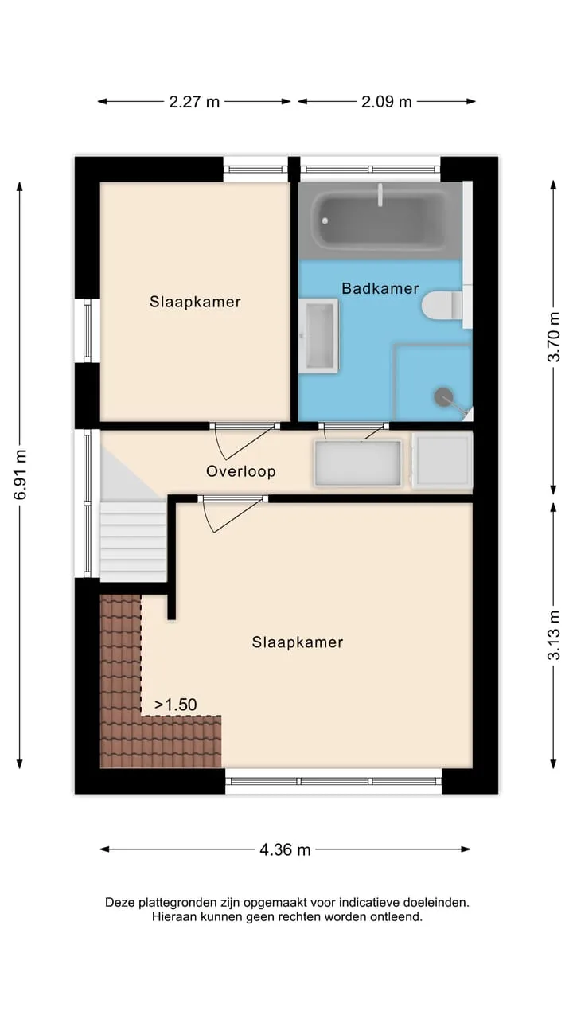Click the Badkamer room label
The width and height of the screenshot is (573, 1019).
coord(380,288)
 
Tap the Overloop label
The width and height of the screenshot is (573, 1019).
coord(241,471)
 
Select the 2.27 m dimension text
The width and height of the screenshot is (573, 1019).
coord(194,101)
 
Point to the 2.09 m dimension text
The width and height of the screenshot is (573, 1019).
coord(387,101)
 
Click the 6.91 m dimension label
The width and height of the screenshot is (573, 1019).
coord(21,474)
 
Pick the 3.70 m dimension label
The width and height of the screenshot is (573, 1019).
coord(553,337)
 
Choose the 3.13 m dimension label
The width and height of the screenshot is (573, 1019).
coord(553,635)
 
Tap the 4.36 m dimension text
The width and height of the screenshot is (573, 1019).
coord(285,849)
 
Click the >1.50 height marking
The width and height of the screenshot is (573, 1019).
coord(176,705)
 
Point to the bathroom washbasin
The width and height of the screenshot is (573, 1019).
coord(318,336)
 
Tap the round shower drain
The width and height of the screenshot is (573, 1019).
coord(443,396)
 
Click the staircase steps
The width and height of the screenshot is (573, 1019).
coord(132,541)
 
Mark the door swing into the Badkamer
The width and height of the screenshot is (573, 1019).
coord(354,431)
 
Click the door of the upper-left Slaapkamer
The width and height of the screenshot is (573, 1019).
coord(246,440)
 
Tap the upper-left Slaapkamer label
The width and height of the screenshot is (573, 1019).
coord(196,302)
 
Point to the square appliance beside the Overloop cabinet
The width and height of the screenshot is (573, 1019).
coord(442,460)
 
